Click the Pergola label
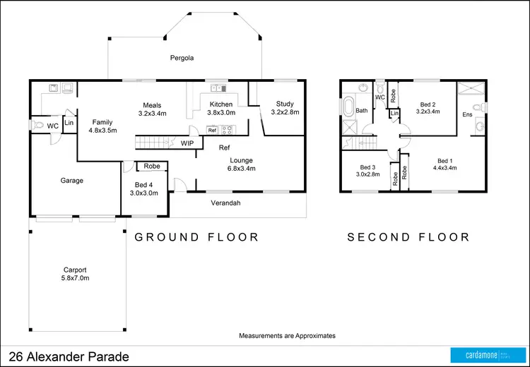point(182,58)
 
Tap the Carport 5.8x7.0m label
point(75,274)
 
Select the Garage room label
point(71,181)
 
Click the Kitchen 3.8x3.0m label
point(220,107)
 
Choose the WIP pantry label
point(187,143)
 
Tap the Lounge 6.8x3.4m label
point(240,164)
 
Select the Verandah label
point(226,203)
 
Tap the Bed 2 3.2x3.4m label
point(428,107)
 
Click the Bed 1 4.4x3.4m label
point(447,164)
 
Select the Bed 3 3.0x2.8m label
point(366,170)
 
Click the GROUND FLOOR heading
point(196,237)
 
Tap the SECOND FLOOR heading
point(408,237)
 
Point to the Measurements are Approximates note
point(287,336)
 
